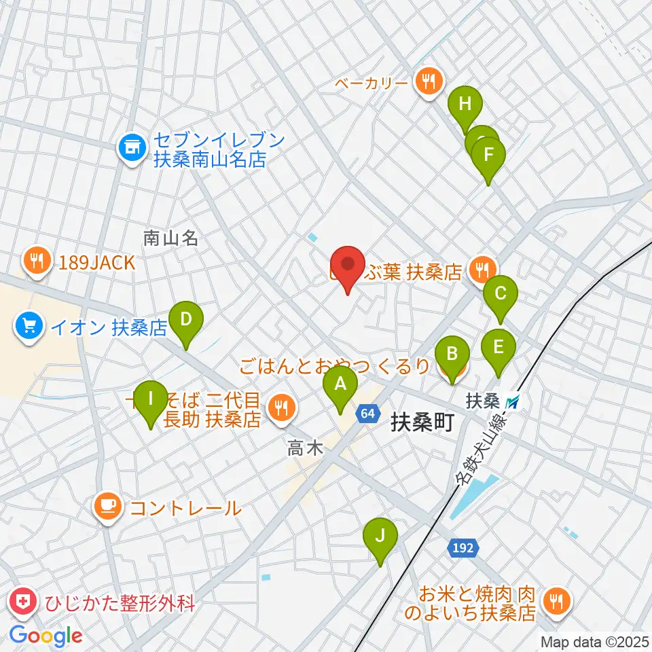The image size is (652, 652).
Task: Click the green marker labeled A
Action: click(x=340, y=385)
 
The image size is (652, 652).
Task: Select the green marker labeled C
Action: click(x=501, y=294)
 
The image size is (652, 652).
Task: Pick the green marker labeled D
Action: click(x=187, y=318)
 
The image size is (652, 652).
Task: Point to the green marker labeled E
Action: click(x=499, y=348)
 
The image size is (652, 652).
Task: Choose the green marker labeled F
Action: click(x=488, y=155)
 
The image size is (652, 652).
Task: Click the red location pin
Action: click(x=348, y=265)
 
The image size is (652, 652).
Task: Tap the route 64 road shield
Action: click(x=367, y=413)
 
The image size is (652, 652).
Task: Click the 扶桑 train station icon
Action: click(x=514, y=402)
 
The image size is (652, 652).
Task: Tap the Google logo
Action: click(x=46, y=636)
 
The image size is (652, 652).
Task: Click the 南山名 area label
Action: click(x=170, y=237)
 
